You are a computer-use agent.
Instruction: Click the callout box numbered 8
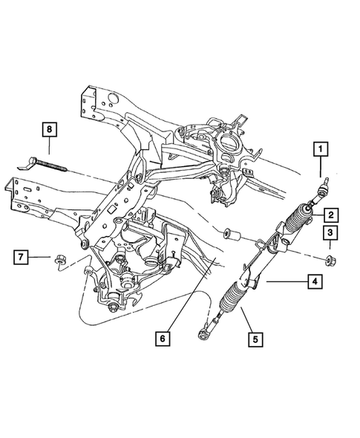point(50,130)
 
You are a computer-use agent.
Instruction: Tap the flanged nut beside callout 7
point(58,259)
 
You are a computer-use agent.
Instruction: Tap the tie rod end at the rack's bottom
point(203,335)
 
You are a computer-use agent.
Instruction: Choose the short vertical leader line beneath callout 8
point(50,146)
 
